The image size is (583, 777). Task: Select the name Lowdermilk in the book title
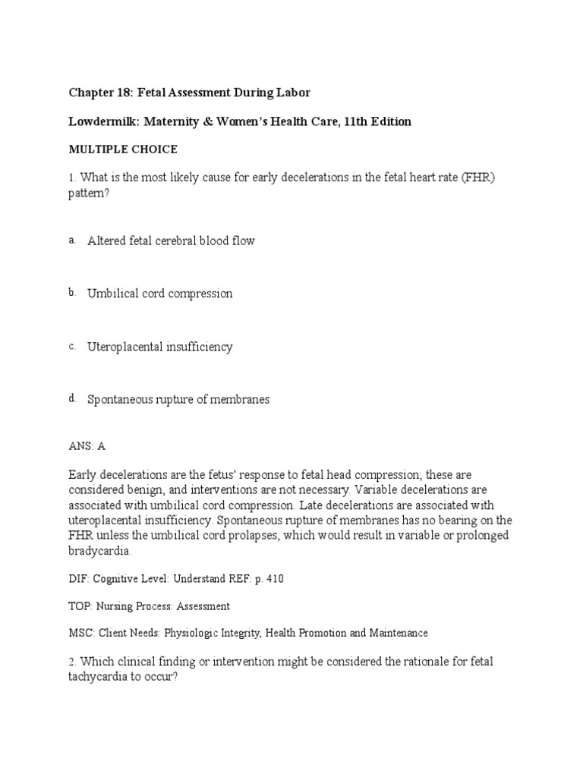(x=102, y=122)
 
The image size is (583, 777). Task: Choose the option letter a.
(x=72, y=240)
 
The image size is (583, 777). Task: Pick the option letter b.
(x=72, y=293)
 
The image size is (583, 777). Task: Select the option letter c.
(x=72, y=346)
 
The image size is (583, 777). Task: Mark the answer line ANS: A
(x=87, y=446)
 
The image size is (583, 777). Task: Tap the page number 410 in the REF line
(x=274, y=579)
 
